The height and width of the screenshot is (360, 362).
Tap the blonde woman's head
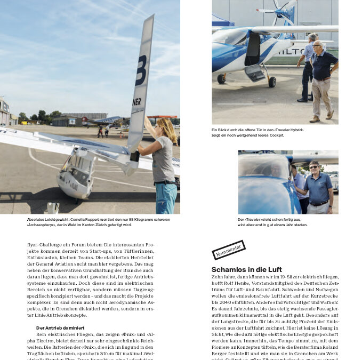[x=163, y=126]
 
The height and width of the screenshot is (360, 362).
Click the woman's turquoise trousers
[x=166, y=197]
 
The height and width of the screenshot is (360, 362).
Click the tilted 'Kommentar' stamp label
[x=228, y=250]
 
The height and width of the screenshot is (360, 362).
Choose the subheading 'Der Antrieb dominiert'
[x=60, y=327]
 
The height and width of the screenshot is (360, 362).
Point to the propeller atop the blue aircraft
[x=280, y=11]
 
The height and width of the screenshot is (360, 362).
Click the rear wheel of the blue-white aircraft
[x=272, y=82]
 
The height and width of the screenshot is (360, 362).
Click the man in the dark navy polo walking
[x=324, y=75]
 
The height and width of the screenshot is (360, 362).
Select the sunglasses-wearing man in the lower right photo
[x=320, y=187]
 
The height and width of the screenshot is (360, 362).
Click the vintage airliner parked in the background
[x=101, y=121]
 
